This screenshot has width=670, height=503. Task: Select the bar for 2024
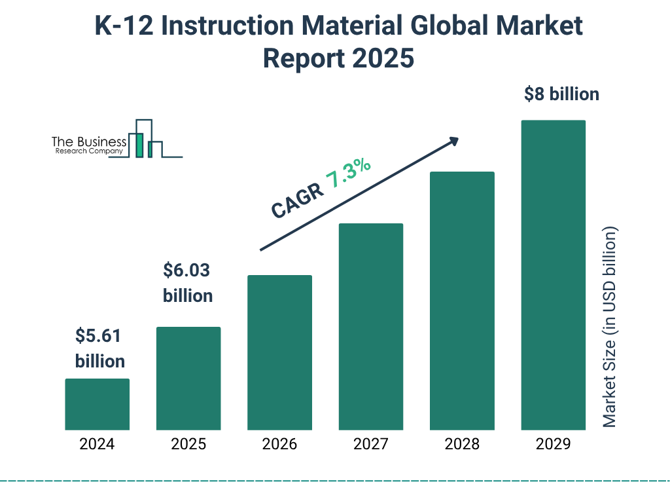(x=97, y=404)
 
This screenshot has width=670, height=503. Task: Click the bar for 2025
(x=188, y=378)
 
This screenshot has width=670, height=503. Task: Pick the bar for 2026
(x=279, y=352)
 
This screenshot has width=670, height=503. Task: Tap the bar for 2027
(x=370, y=326)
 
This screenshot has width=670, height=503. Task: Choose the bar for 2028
(x=462, y=301)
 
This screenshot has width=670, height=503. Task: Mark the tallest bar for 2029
(x=553, y=275)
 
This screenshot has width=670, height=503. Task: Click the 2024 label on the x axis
(x=97, y=444)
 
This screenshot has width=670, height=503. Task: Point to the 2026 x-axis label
(x=279, y=444)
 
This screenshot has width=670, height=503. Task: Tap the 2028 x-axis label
(x=462, y=444)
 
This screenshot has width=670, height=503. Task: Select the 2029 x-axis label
(x=553, y=444)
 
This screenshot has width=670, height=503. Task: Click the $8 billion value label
(x=561, y=94)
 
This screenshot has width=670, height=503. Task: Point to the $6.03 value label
(x=188, y=270)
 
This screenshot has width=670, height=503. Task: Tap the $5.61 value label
(x=99, y=336)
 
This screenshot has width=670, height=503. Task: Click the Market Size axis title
(x=610, y=327)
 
